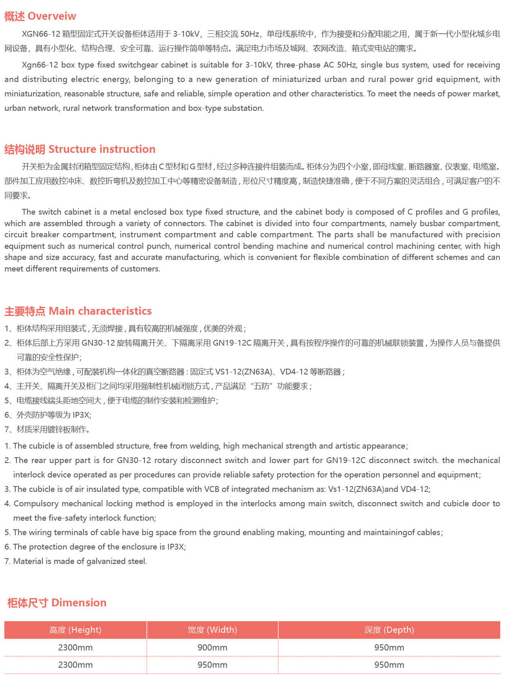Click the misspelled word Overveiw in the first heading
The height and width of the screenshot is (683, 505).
coord(52,16)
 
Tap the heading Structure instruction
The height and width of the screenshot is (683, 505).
coord(102,149)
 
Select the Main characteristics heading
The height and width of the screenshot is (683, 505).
coord(100,311)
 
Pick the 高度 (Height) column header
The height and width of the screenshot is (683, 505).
coord(75,630)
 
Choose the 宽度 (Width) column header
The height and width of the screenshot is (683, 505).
coord(212,630)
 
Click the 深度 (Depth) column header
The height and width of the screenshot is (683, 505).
coord(389,630)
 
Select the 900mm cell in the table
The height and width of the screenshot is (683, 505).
coord(212,648)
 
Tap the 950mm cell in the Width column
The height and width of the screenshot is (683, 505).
coord(212,665)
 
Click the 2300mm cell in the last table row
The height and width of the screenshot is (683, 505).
coord(75,665)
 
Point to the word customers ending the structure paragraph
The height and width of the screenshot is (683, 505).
coord(141,269)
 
